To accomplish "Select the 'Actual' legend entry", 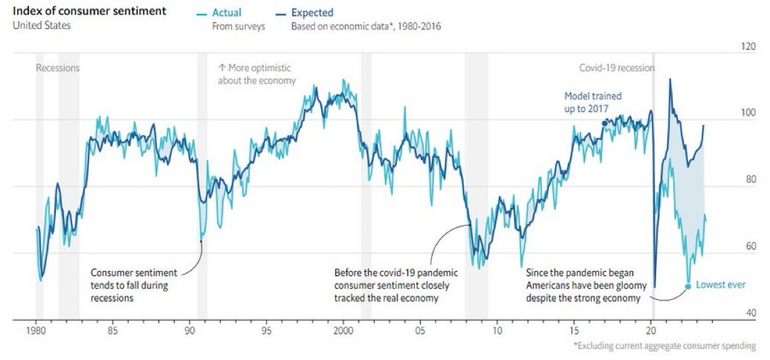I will point(227,12).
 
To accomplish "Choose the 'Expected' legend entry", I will point(311,12).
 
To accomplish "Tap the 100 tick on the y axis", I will point(747,113).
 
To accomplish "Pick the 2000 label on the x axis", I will point(344,330).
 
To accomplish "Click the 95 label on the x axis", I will point(267,330).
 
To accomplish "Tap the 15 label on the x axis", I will point(574,330).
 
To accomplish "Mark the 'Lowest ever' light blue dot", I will point(688,286).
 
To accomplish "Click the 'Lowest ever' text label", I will point(720,285).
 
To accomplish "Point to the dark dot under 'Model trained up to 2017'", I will point(605,123).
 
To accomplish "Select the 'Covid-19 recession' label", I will point(616,68).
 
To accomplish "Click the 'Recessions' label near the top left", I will point(57,68).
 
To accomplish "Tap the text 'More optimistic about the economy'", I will point(257,74).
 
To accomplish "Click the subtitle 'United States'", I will point(41,26).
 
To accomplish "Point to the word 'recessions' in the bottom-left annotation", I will point(112,299).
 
